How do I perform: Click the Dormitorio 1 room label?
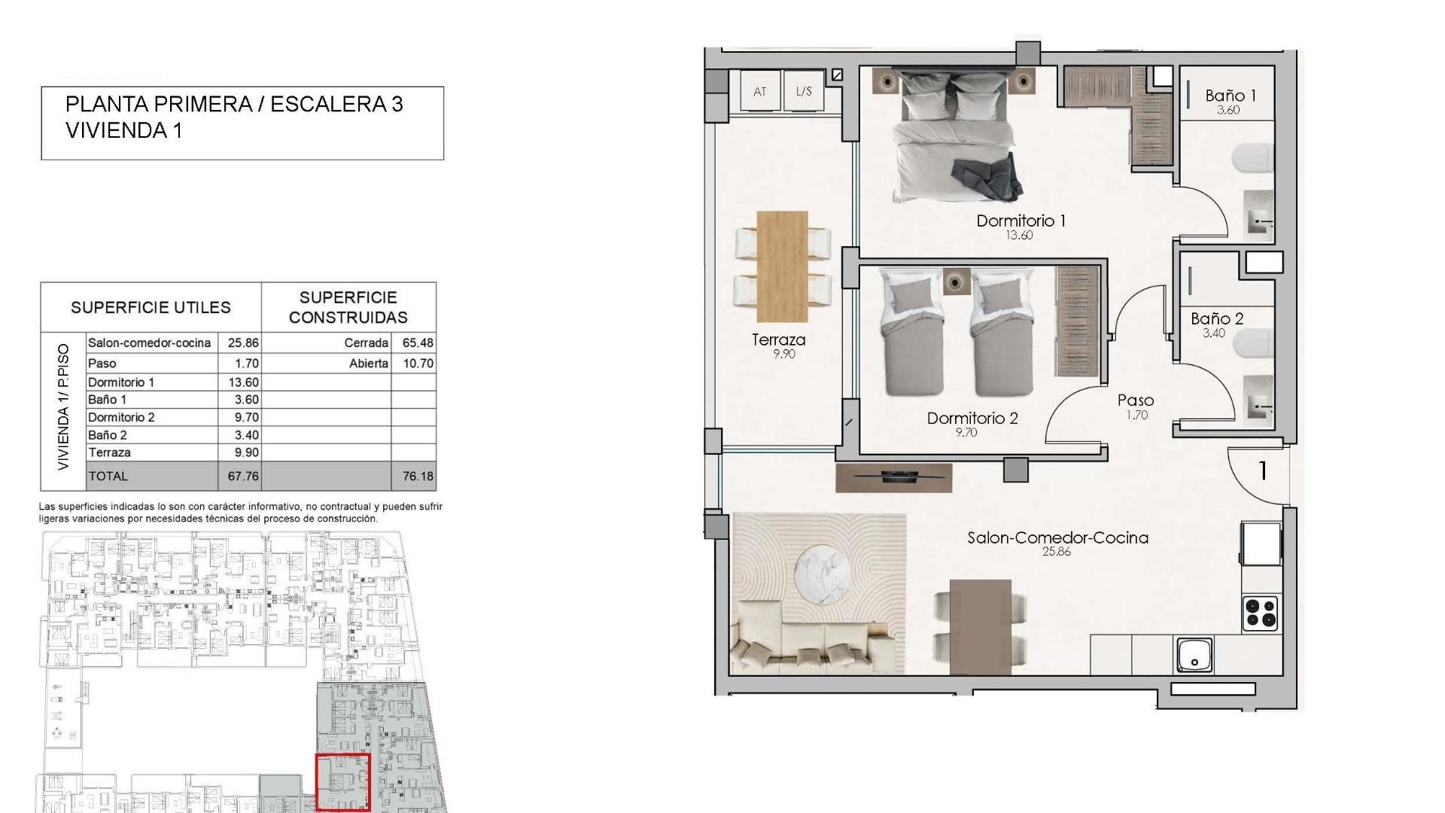[1021, 221]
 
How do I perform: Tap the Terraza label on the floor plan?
[778, 340]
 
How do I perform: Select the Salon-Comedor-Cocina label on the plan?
[1057, 538]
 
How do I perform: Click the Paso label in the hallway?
[1136, 401]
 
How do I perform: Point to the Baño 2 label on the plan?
[1217, 319]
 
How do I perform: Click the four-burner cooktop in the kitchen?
[1261, 612]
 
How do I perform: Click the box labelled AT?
[760, 91]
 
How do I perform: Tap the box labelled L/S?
[804, 91]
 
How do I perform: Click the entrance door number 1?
[1263, 471]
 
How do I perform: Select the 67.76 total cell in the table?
[242, 477]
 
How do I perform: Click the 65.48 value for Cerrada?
[418, 343]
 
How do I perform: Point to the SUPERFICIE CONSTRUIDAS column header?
[348, 307]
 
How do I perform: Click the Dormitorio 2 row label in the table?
[121, 418]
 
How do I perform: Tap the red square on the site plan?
[342, 783]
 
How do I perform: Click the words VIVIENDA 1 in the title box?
[124, 130]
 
